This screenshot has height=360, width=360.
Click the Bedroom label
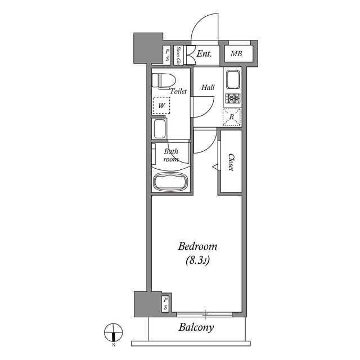[197, 246]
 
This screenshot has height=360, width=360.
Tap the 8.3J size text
[197, 260]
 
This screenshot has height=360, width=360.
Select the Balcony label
[196, 327]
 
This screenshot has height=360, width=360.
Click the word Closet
[231, 163]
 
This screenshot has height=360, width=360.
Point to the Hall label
[208, 88]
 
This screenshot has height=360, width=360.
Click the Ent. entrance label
[204, 55]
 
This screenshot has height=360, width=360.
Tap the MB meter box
[236, 55]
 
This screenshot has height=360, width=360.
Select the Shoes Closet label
[178, 55]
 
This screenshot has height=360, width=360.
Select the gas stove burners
[232, 100]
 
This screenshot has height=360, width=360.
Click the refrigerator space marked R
[232, 117]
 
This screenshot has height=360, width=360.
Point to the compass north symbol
[113, 333]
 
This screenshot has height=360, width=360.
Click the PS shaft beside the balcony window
[165, 304]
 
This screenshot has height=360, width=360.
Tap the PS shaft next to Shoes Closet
[167, 55]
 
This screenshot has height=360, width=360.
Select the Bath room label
[171, 155]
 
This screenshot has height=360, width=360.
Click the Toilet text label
[178, 91]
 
